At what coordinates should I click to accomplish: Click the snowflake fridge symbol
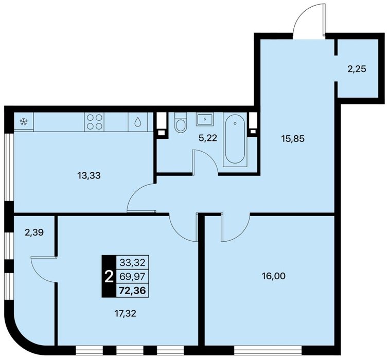[x=24, y=121]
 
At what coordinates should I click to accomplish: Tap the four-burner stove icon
[x=94, y=122]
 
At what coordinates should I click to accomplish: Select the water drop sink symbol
[x=137, y=122]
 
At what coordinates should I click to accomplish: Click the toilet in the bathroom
[x=180, y=122]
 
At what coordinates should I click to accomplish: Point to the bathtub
[x=235, y=139]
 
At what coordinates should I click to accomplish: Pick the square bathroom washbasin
[x=205, y=119]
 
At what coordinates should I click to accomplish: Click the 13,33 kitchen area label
[x=89, y=175]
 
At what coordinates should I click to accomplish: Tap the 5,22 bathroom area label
[x=208, y=138]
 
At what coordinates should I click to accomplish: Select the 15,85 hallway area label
[x=293, y=138]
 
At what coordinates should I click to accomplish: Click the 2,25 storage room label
[x=357, y=69]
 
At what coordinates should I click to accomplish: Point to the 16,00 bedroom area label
[x=274, y=276]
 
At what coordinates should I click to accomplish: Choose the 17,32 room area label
[x=125, y=314]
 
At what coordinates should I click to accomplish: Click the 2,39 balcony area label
[x=34, y=232]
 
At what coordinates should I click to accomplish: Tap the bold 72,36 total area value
[x=132, y=290]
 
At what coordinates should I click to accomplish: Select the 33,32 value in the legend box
[x=132, y=262]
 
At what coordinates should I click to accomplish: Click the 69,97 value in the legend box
[x=132, y=276]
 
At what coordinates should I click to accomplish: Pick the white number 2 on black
[x=109, y=277]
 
